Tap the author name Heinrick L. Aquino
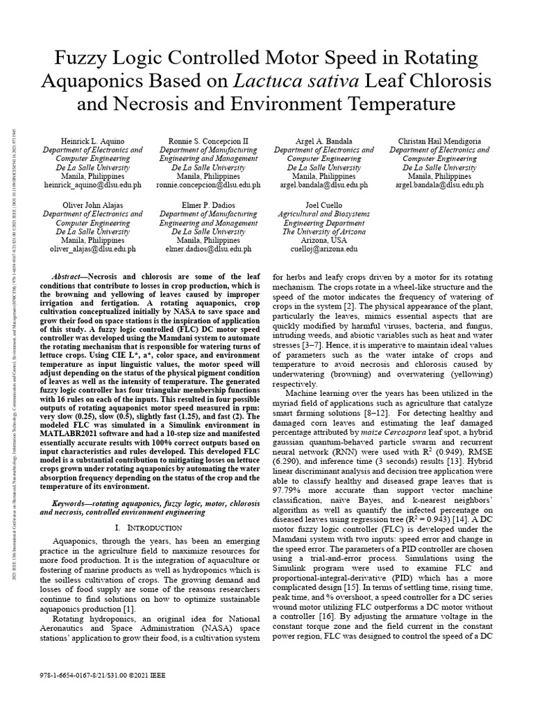coord(93,140)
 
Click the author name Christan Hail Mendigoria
coord(439,140)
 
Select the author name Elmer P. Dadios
coord(209,205)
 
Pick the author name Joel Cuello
coord(323,205)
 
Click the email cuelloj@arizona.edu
coord(323,248)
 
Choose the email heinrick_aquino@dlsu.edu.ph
coord(93,185)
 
